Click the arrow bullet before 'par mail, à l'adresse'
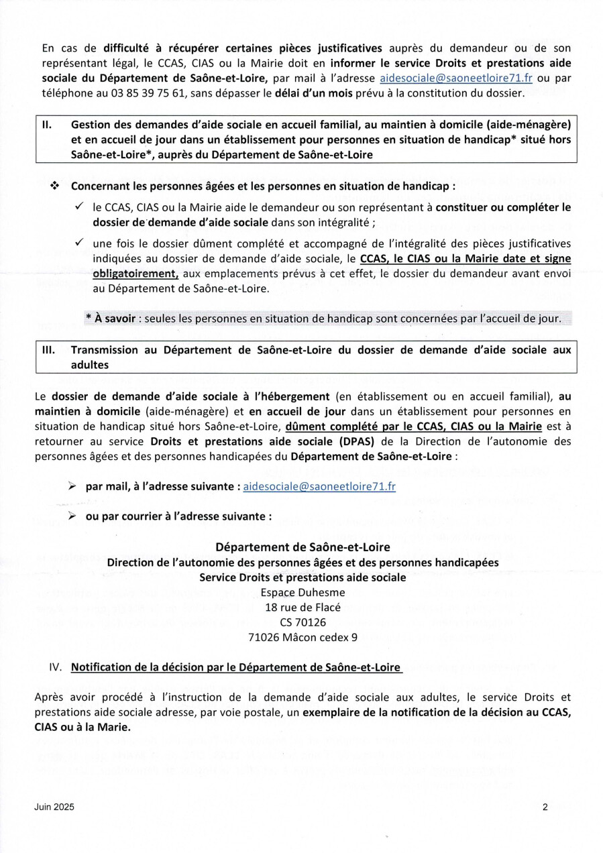[71, 486]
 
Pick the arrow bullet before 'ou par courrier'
[71, 517]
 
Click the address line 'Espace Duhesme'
[302, 592]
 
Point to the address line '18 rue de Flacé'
[302, 608]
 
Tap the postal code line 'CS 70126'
[302, 623]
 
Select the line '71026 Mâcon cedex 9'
[302, 638]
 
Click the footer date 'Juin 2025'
[54, 807]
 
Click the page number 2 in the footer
[545, 807]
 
